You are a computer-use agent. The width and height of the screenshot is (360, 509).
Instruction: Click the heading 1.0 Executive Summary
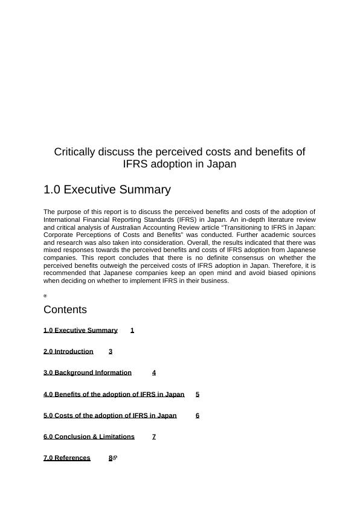point(107,190)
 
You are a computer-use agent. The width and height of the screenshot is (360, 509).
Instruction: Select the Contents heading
point(65,310)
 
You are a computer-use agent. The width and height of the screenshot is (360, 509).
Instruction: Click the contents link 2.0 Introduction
point(68,351)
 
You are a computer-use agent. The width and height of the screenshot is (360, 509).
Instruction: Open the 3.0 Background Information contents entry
point(88,372)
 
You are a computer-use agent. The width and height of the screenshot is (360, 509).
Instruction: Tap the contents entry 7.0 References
point(67,458)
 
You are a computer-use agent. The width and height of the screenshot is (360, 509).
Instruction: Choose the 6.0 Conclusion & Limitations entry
point(89,436)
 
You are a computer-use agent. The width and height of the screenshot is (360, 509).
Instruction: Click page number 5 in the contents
point(198,394)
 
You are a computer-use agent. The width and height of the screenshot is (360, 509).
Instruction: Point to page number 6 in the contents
point(198,415)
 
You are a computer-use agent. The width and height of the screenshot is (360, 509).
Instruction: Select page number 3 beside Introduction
point(111,351)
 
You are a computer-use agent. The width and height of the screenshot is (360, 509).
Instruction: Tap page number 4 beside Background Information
point(154,372)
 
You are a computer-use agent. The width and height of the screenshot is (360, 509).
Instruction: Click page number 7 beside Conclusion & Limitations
point(154,436)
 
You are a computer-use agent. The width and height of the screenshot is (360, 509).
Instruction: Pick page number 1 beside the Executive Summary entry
point(132,330)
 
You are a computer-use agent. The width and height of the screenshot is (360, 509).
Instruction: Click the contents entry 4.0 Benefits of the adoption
point(114,394)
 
